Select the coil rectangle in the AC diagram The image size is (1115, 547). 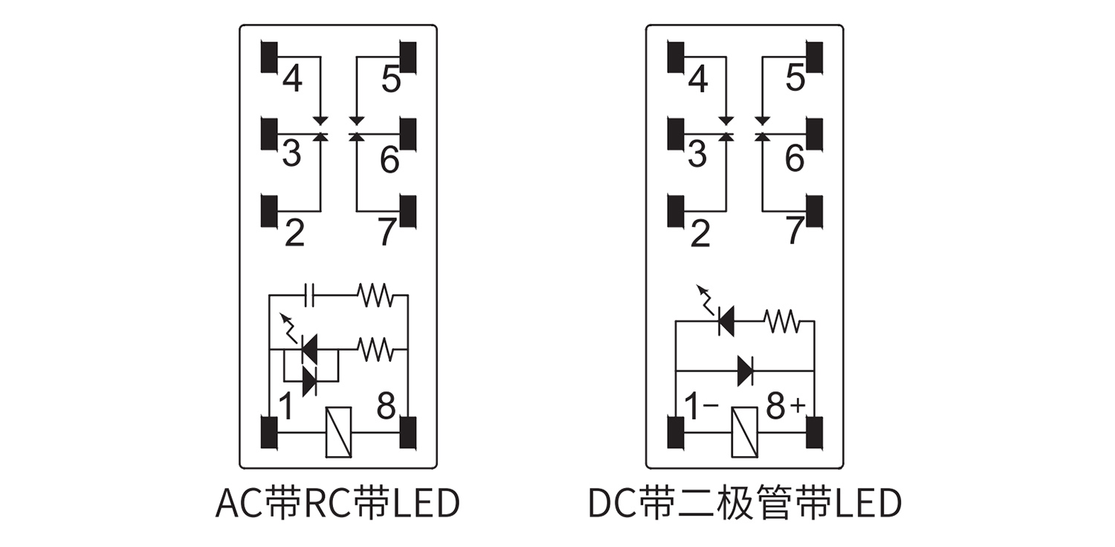click(339, 432)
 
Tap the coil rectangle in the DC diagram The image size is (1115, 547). click(743, 432)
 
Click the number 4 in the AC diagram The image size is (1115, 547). click(292, 79)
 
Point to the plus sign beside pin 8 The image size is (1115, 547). click(798, 406)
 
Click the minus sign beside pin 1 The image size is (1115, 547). click(711, 406)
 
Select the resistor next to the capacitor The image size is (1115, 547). click(375, 296)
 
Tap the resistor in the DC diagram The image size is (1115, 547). click(780, 322)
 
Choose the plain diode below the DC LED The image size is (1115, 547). click(746, 370)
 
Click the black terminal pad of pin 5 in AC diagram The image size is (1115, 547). click(408, 58)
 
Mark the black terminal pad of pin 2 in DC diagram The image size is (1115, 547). click(676, 211)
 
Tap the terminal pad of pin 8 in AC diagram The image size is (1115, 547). click(408, 432)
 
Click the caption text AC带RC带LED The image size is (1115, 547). click(337, 503)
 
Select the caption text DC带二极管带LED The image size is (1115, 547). click(744, 503)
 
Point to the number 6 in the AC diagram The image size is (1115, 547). click(390, 159)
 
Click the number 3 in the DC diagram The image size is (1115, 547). click(697, 154)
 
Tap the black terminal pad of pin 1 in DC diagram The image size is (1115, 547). click(676, 432)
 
